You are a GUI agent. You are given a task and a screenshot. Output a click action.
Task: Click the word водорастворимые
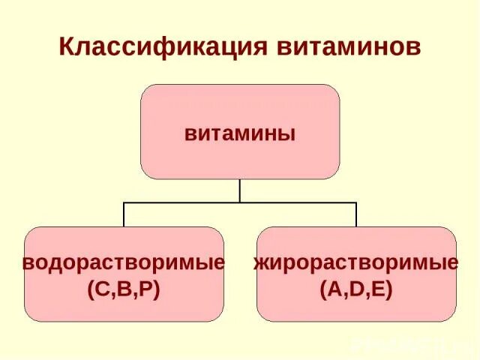(x=124, y=264)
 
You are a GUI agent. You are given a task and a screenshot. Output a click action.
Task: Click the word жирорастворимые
(x=356, y=264)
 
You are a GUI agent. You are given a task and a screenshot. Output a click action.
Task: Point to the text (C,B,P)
(x=124, y=289)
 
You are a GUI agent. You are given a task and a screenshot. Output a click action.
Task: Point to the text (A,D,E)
(x=356, y=289)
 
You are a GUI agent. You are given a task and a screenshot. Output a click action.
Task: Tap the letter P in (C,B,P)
(x=145, y=289)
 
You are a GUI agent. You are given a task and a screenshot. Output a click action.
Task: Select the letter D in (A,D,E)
(x=356, y=289)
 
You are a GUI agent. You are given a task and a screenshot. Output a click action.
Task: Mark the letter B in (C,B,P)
(x=124, y=289)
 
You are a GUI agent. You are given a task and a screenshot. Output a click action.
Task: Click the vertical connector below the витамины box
(x=240, y=190)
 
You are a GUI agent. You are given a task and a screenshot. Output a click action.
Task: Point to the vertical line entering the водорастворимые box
(x=124, y=214)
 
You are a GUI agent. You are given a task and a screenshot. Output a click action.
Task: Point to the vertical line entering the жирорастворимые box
(x=356, y=214)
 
